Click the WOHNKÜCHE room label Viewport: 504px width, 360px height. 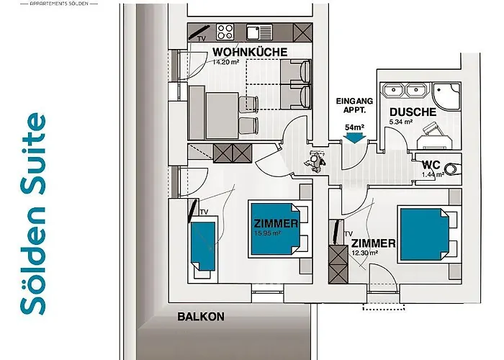250,52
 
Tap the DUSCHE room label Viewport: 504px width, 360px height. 413,112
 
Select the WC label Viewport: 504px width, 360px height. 432,163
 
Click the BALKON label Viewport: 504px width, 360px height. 201,316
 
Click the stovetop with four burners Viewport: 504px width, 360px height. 225,32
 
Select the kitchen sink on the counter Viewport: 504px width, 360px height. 255,32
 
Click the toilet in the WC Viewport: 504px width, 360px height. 452,170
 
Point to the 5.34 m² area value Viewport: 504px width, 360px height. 401,122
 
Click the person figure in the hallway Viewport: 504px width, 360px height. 315,161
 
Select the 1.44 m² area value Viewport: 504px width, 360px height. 432,174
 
